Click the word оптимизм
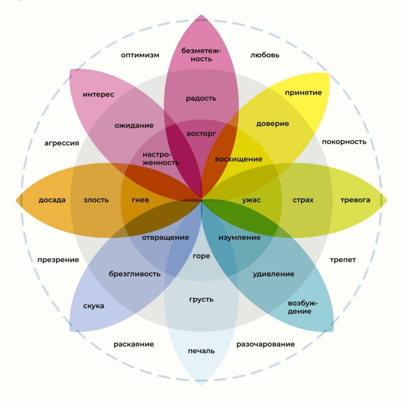(x=140, y=55)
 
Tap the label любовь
(x=265, y=55)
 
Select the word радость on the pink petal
(x=201, y=98)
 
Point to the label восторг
(x=201, y=134)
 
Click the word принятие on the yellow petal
(x=303, y=93)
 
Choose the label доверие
(x=272, y=124)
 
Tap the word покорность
(x=344, y=142)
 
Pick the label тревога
(x=355, y=200)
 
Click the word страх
(x=303, y=200)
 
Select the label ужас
(x=251, y=200)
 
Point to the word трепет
(x=343, y=260)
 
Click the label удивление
(x=274, y=274)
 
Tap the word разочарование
(x=265, y=344)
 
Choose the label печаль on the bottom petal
(x=201, y=351)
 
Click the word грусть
(x=201, y=299)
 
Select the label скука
(x=93, y=306)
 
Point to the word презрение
(x=58, y=260)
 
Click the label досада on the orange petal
(x=52, y=200)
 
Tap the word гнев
(x=140, y=200)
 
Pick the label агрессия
(x=62, y=143)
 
